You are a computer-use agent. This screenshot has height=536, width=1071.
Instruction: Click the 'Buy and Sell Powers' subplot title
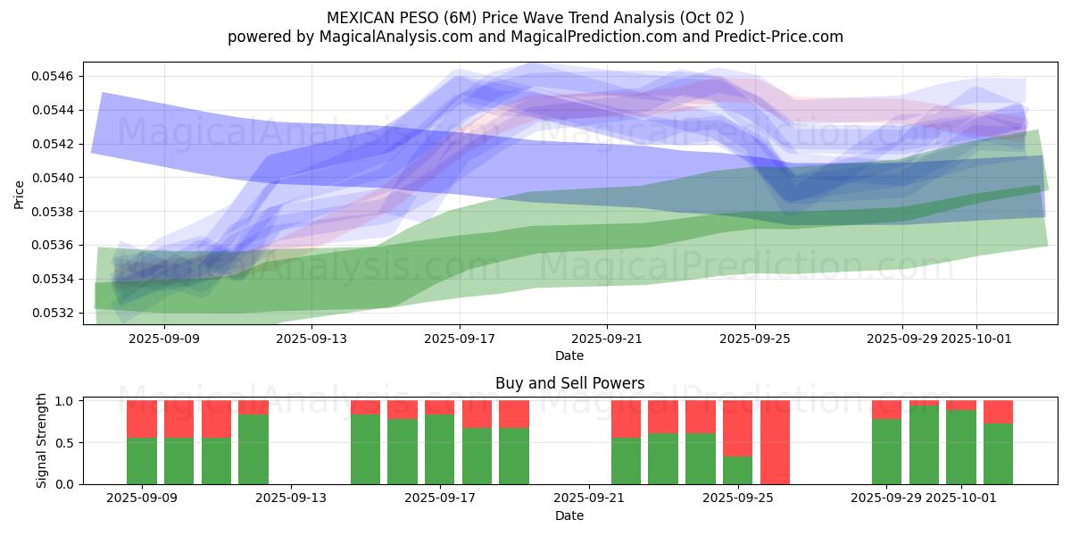tap(569, 383)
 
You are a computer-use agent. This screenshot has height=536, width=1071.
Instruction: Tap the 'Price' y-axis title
tap(20, 195)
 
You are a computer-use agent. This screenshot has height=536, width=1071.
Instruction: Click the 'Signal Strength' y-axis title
tap(42, 441)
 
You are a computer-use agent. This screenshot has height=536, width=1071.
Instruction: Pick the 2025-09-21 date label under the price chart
tap(607, 339)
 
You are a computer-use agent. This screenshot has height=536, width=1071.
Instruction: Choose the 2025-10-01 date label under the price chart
tap(976, 339)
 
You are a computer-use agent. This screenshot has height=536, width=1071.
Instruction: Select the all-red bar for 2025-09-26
tap(775, 442)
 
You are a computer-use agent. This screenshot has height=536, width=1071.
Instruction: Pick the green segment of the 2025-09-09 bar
tap(142, 461)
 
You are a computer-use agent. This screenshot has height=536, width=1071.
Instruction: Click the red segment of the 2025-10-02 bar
tap(998, 411)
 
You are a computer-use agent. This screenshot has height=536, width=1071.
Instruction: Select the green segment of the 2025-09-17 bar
tap(440, 449)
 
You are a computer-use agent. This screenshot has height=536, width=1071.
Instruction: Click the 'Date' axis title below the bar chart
tap(569, 515)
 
